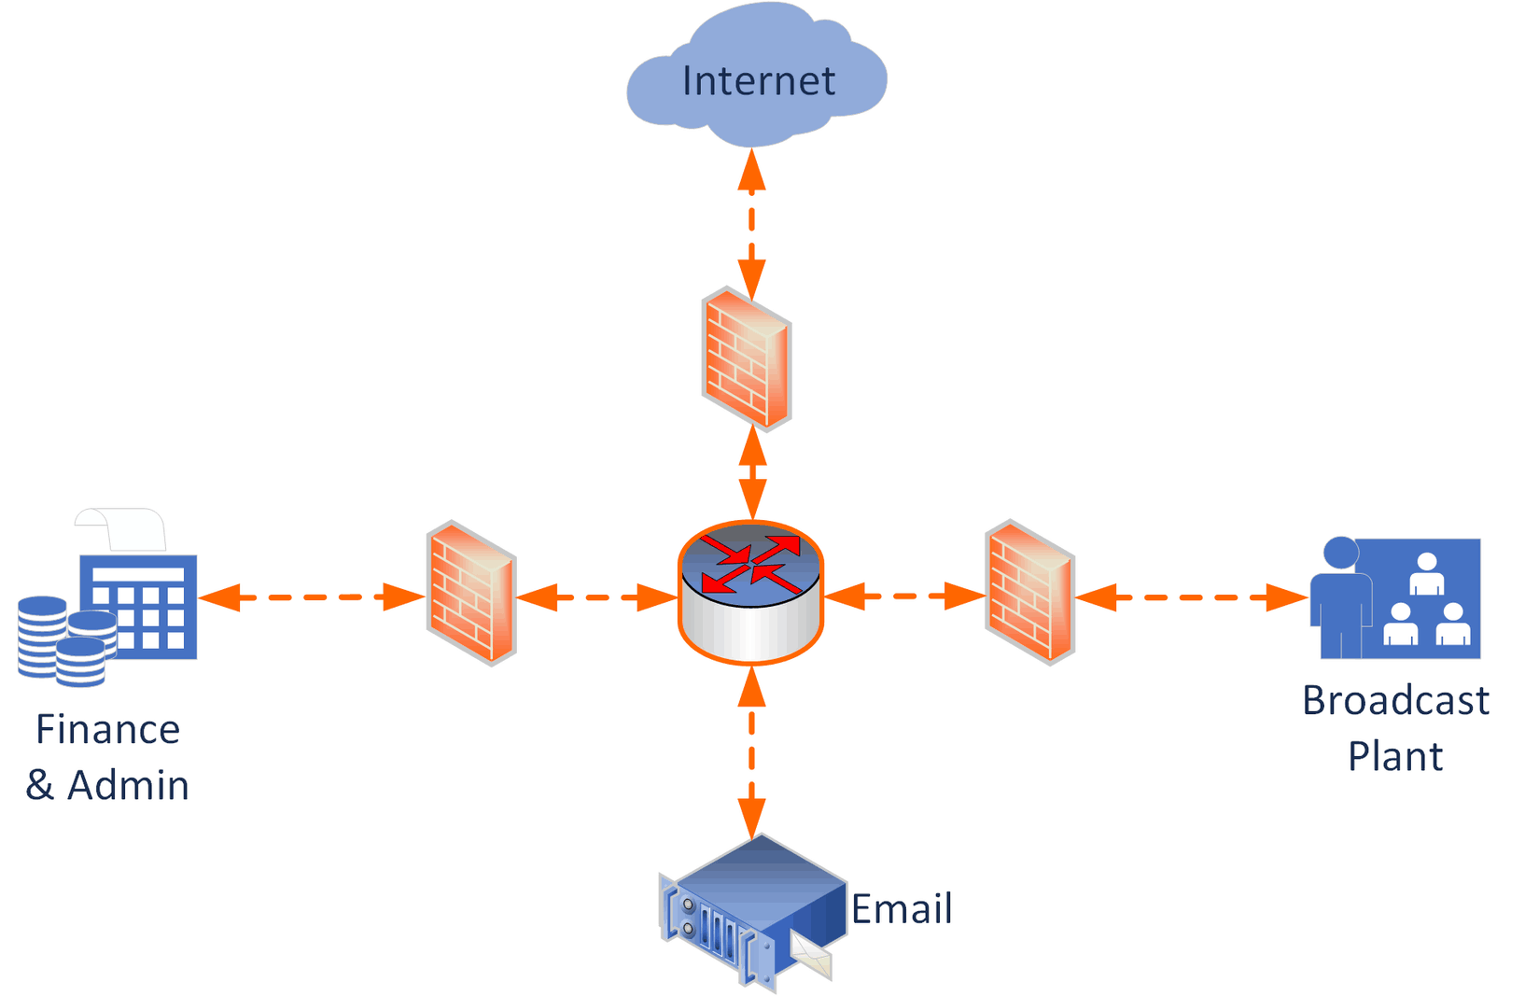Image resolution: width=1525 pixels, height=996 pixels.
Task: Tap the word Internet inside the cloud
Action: click(x=758, y=81)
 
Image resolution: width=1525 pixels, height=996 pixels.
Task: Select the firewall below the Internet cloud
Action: click(x=747, y=359)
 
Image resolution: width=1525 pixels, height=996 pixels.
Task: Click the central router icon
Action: click(x=750, y=592)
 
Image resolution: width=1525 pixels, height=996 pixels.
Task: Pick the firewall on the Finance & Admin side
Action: click(x=471, y=593)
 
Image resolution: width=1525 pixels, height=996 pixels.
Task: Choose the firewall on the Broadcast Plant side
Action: click(x=1029, y=592)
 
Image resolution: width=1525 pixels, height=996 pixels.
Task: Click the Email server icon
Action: click(x=747, y=910)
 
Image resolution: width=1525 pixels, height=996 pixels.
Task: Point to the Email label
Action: click(x=902, y=909)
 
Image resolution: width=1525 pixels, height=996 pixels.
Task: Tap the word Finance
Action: click(x=107, y=730)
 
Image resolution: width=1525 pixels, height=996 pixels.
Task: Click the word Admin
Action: click(x=129, y=786)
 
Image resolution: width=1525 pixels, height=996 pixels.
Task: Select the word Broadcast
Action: click(x=1395, y=701)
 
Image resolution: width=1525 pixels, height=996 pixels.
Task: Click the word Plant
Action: click(x=1395, y=756)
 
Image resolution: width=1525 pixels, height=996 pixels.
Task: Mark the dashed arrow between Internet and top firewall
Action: click(x=751, y=224)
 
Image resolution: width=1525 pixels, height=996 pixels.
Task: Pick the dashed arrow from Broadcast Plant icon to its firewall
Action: click(x=1192, y=597)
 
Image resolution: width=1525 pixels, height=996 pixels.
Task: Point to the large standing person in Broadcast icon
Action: click(x=1341, y=597)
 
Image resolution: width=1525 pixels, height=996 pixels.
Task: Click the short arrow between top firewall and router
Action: click(x=752, y=474)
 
